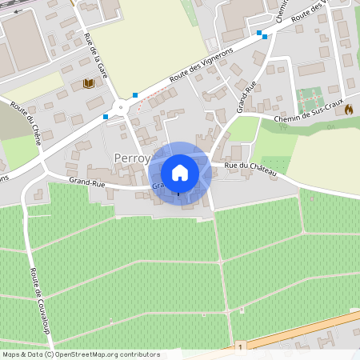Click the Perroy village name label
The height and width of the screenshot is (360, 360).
click(x=132, y=158)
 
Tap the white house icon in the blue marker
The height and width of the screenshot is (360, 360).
click(x=180, y=172)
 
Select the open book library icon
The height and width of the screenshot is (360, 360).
click(x=88, y=83)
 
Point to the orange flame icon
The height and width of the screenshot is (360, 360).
click(x=349, y=110)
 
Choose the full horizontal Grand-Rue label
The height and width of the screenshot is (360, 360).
click(x=88, y=182)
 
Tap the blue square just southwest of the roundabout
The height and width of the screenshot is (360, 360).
click(x=106, y=117)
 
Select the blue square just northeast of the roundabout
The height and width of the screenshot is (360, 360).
click(x=135, y=95)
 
